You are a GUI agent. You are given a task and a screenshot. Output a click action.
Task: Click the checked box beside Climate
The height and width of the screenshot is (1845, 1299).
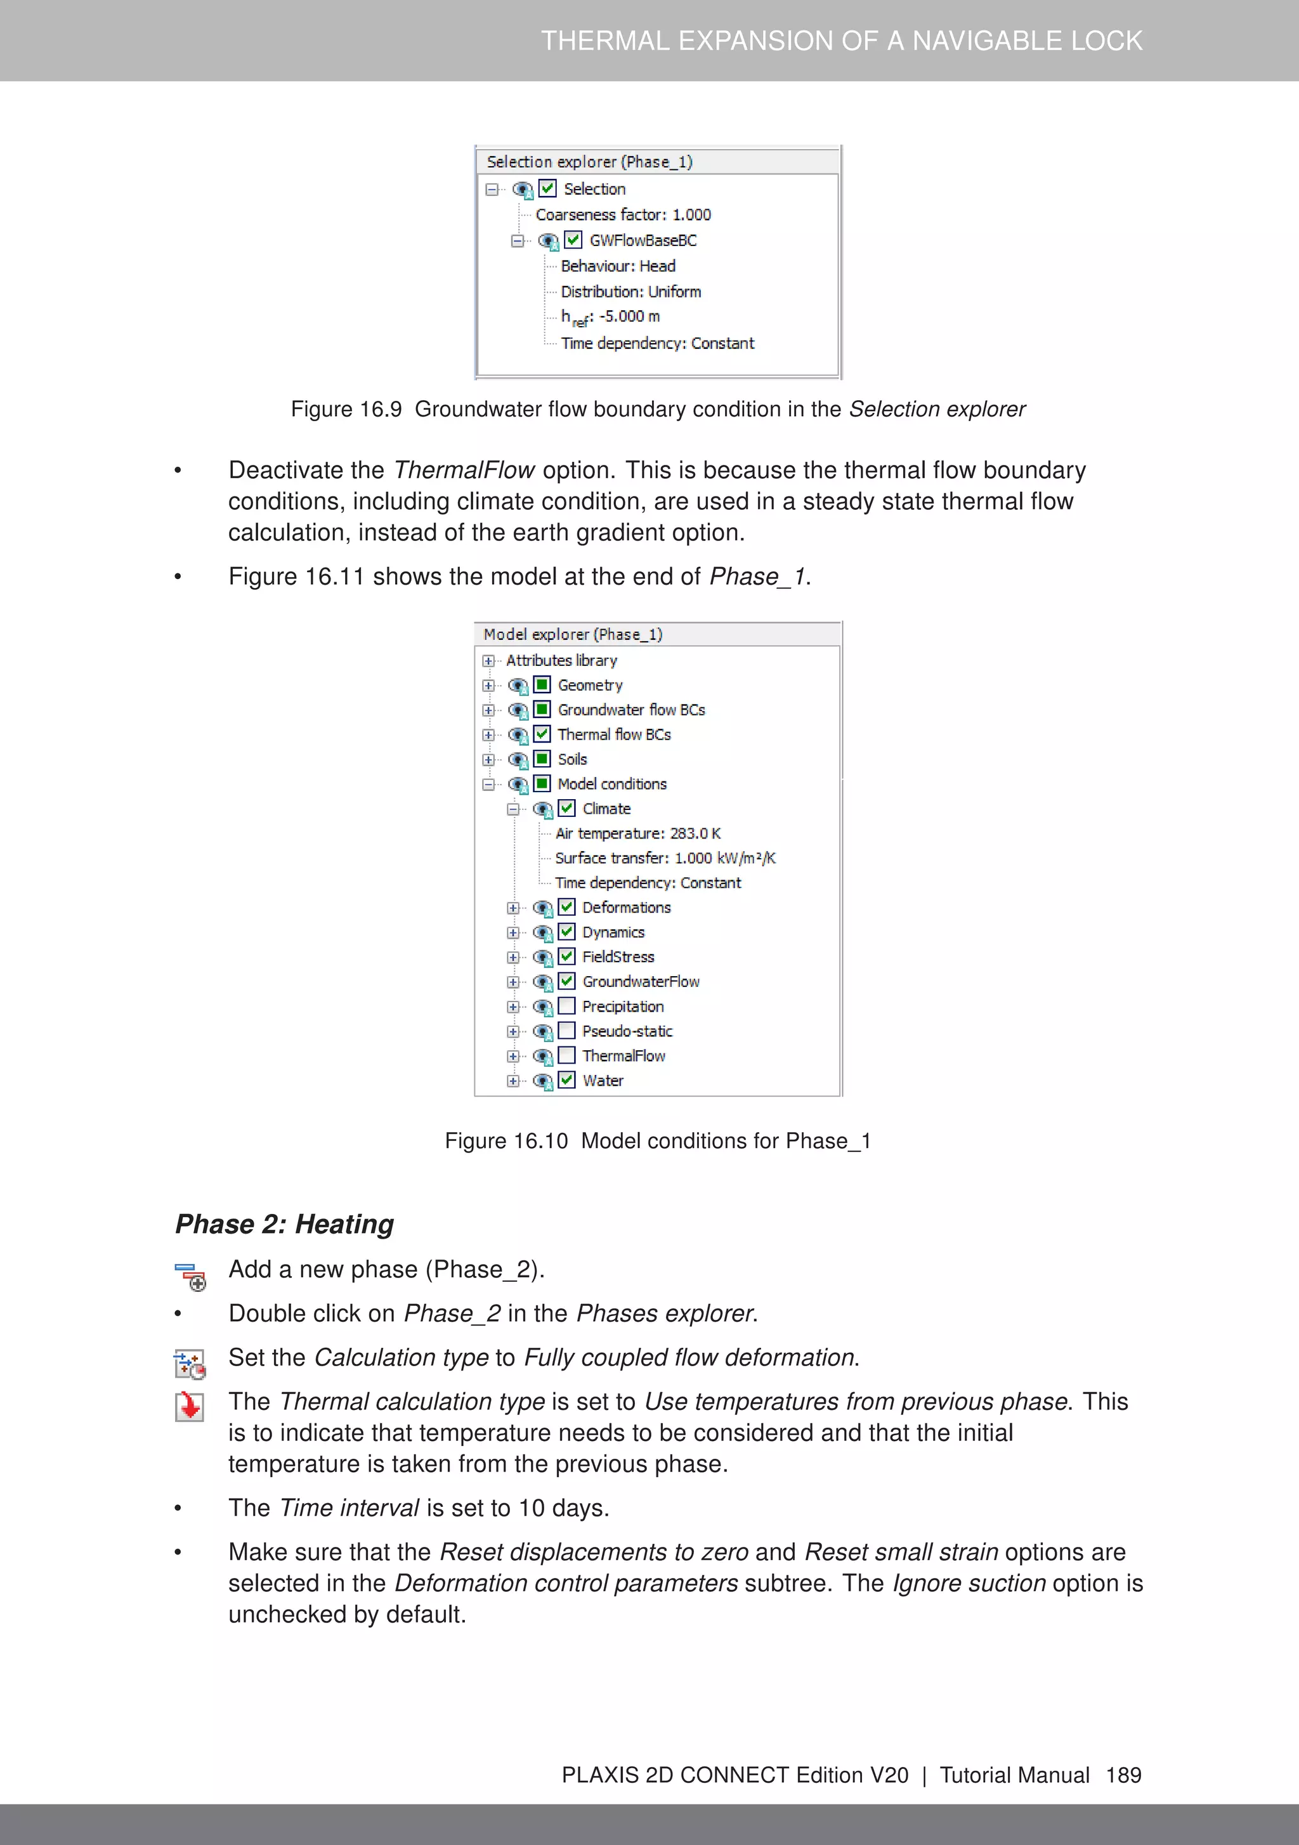[566, 809]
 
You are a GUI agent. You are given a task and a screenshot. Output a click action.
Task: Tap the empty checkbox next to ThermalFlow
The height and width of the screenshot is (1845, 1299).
[566, 1055]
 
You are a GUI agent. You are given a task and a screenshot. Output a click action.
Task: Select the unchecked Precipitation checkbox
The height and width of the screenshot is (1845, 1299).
[566, 1006]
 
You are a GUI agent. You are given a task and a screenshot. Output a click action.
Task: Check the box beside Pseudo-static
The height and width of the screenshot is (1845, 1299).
[566, 1031]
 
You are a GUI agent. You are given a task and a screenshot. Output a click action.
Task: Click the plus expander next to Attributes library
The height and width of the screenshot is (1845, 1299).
[488, 660]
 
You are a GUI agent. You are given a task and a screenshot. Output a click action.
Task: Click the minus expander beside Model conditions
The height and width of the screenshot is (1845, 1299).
[488, 785]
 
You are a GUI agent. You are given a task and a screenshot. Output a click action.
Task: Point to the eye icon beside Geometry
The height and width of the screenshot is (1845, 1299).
[518, 686]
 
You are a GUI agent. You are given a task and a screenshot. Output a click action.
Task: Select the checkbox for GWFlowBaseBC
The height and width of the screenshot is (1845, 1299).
[573, 240]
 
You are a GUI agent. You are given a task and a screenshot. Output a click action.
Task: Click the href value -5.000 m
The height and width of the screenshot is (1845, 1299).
[629, 316]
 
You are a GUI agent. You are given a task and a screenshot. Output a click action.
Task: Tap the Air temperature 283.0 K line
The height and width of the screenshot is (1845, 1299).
[637, 833]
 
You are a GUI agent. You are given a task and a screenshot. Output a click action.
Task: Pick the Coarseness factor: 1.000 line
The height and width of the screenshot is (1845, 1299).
[623, 214]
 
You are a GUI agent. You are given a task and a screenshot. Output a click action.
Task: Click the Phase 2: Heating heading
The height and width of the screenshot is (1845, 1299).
[285, 1224]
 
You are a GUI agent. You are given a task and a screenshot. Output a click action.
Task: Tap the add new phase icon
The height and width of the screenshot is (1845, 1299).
[190, 1277]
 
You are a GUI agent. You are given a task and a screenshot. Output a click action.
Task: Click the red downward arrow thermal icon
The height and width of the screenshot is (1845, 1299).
[190, 1406]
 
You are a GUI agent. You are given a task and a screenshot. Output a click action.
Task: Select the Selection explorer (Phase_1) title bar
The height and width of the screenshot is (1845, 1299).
[589, 162]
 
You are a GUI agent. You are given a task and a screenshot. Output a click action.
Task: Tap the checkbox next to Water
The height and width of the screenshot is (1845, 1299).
[566, 1080]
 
